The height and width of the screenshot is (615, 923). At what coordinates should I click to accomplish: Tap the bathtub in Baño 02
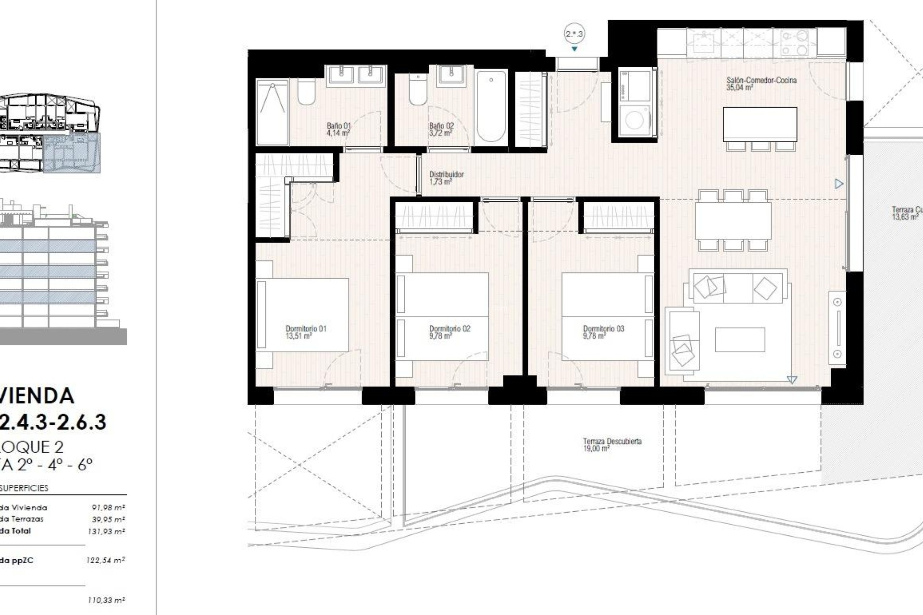491,106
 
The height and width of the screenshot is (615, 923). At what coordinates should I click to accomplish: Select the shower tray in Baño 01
272,112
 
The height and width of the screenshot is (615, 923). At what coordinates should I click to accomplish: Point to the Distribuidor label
446,175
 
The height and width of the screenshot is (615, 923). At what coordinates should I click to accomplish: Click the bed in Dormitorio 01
303,315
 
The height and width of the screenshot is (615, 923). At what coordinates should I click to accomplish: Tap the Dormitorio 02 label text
449,329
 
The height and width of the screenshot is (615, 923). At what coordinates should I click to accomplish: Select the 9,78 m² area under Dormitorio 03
594,336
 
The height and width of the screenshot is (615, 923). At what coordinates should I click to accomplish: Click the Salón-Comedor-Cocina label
761,80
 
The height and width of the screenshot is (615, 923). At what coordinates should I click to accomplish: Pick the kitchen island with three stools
760,124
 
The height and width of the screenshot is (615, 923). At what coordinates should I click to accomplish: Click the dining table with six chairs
733,221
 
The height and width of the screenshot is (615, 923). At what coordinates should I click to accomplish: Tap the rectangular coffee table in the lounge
739,340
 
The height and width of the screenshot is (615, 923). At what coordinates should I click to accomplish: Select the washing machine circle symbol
635,120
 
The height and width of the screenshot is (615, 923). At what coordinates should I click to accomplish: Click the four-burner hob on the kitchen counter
794,43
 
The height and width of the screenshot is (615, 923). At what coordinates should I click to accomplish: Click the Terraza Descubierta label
612,441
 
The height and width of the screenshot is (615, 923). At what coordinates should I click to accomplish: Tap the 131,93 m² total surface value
106,531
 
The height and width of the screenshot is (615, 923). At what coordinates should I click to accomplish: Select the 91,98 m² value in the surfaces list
108,507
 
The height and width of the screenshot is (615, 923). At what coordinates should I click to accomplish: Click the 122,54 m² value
106,560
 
